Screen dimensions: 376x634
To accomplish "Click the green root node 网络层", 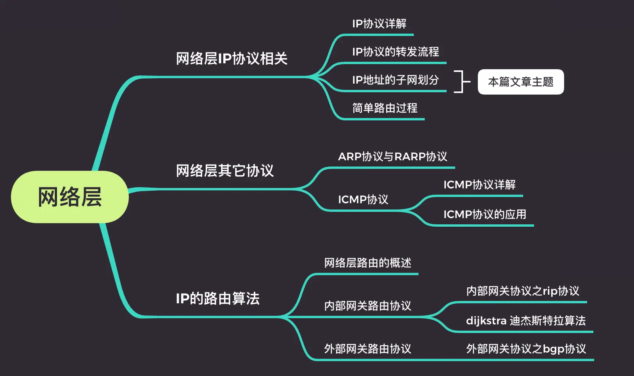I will pyautogui.click(x=70, y=197).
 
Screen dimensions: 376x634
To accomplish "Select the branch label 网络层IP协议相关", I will pyautogui.click(x=232, y=59).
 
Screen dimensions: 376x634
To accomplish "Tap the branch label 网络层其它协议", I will pyautogui.click(x=225, y=171).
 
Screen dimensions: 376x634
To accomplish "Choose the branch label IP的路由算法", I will pyautogui.click(x=217, y=299).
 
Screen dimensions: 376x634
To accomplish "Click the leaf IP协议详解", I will pyautogui.click(x=379, y=24).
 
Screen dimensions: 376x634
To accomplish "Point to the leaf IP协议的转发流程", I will pyautogui.click(x=395, y=52).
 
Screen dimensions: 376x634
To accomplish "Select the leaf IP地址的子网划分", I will pyautogui.click(x=395, y=80).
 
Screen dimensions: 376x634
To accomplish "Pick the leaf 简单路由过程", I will pyautogui.click(x=385, y=108).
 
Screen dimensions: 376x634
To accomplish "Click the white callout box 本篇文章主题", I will pyautogui.click(x=520, y=82).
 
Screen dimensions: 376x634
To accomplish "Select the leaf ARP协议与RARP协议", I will pyautogui.click(x=392, y=157).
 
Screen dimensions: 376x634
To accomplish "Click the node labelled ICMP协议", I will pyautogui.click(x=363, y=200).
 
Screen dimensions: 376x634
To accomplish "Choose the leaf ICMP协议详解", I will pyautogui.click(x=479, y=185).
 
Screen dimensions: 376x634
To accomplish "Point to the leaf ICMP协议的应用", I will pyautogui.click(x=484, y=215).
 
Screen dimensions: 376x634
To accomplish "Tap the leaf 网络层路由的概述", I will pyautogui.click(x=368, y=263).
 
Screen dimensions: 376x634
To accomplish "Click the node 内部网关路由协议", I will pyautogui.click(x=368, y=306).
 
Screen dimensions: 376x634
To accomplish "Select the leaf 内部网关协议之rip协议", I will pyautogui.click(x=523, y=291).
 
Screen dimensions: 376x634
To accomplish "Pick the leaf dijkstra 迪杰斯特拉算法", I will pyautogui.click(x=526, y=321).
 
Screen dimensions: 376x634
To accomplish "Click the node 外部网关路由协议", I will pyautogui.click(x=368, y=349).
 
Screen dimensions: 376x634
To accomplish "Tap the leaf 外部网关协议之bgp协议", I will pyautogui.click(x=526, y=349).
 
